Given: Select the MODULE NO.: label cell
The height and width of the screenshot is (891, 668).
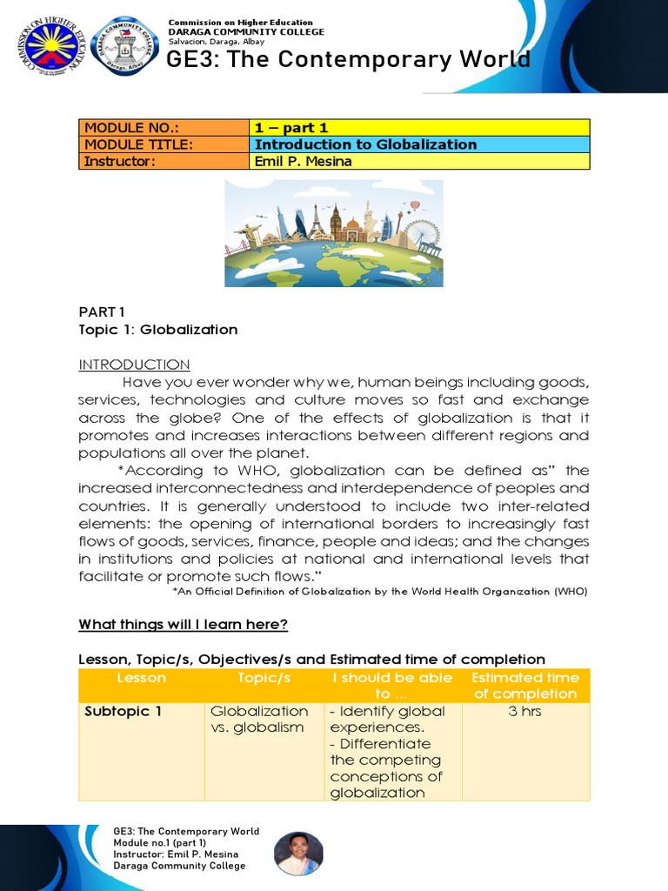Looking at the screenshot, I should pyautogui.click(x=164, y=128).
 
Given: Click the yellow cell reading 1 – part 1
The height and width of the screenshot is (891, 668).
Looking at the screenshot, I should pyautogui.click(x=419, y=128).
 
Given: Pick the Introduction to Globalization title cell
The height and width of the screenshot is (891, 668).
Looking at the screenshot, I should pyautogui.click(x=419, y=144).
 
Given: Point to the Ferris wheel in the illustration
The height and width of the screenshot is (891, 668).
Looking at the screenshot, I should pyautogui.click(x=421, y=232).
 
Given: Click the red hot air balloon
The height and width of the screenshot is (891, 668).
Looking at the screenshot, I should pyautogui.click(x=415, y=206).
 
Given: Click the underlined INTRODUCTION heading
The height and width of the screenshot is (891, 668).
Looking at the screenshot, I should pyautogui.click(x=134, y=365).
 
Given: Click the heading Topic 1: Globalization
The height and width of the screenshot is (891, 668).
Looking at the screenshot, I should pyautogui.click(x=157, y=330).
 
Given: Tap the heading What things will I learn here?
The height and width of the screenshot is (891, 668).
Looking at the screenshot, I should pyautogui.click(x=183, y=625).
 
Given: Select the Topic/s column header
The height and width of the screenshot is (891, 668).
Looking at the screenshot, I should pyautogui.click(x=264, y=678).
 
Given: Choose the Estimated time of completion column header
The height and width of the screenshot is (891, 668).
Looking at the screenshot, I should pyautogui.click(x=524, y=686).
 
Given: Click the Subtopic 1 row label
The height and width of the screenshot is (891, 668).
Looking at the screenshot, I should pyautogui.click(x=123, y=711).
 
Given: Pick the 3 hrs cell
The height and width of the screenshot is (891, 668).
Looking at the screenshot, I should pyautogui.click(x=524, y=711).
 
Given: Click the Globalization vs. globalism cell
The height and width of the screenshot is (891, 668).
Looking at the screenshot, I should pyautogui.click(x=259, y=719).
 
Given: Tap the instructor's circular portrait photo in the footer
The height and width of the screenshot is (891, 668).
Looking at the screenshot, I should pyautogui.click(x=298, y=853).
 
